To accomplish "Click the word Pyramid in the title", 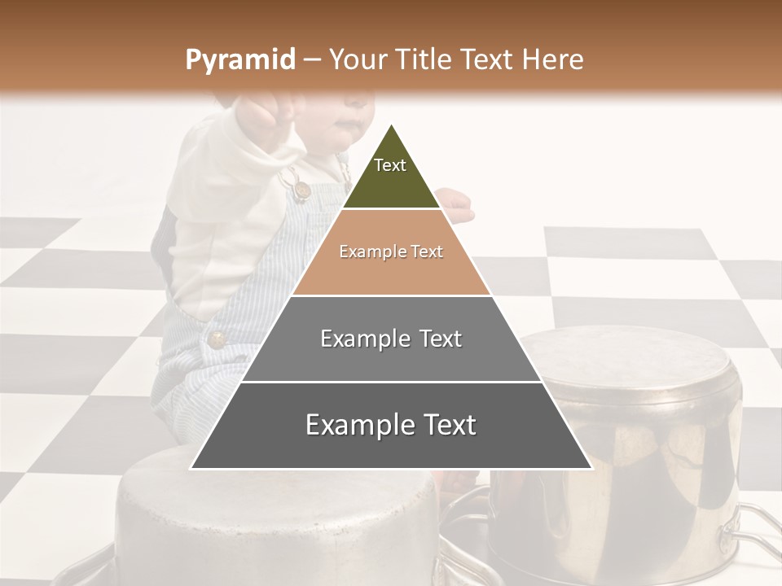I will (x=239, y=60).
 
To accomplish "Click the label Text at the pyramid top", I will (x=390, y=165).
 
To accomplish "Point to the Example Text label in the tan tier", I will (x=391, y=251).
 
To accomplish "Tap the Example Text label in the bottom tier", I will (x=391, y=425).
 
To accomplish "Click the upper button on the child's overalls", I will (x=301, y=190).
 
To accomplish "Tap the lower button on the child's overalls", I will (x=217, y=339).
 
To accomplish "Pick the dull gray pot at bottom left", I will (x=277, y=521).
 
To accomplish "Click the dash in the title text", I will (x=312, y=60).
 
